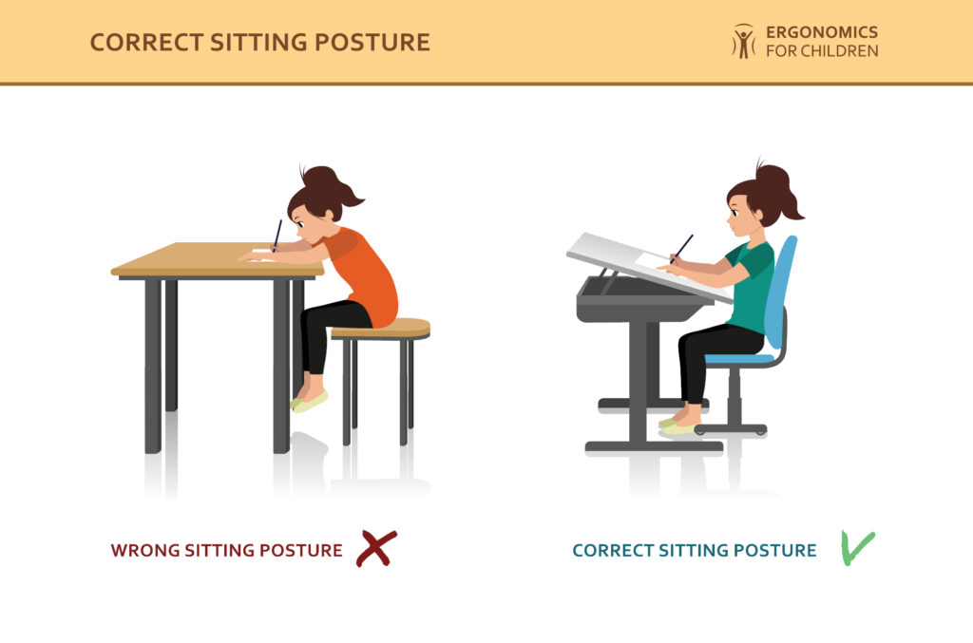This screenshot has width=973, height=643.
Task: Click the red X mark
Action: coord(376,548)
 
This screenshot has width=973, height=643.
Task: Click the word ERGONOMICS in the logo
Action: coord(822,32)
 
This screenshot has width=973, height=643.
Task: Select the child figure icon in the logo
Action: coord(743,41)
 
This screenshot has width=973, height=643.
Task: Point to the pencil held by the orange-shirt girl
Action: coord(277,234)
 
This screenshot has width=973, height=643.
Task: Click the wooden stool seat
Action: coord(381,329)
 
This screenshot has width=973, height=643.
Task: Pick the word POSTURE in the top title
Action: coord(372,43)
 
